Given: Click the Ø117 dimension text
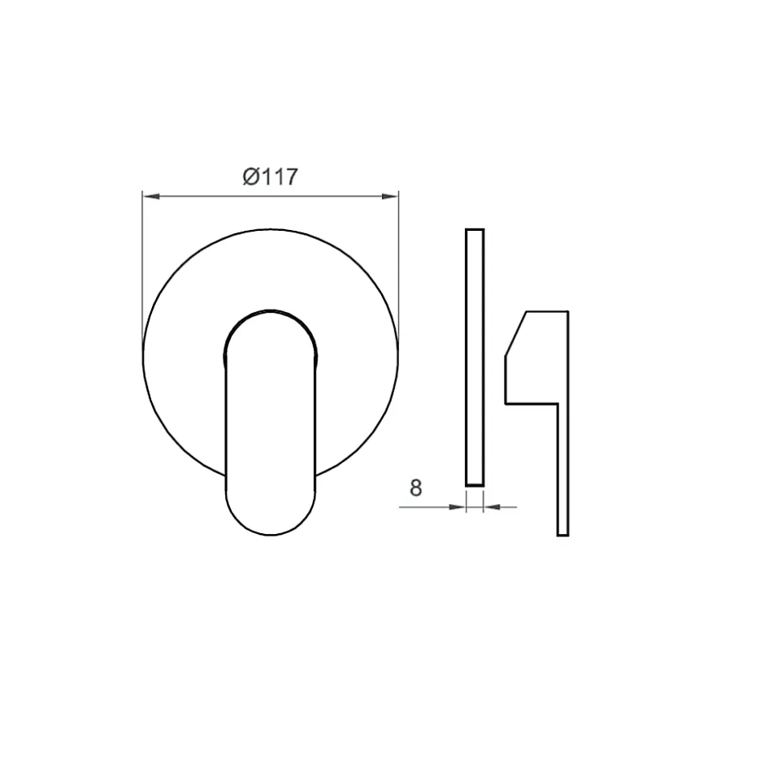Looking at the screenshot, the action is (270, 177).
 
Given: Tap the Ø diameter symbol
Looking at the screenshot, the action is (251, 177).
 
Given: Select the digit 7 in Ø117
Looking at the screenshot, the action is (291, 177).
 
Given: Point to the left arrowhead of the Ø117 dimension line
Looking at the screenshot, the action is (151, 197).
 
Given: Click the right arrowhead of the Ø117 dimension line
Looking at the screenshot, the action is (390, 197).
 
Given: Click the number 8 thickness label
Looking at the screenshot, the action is (415, 488).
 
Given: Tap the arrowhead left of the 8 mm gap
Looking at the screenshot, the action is (457, 507).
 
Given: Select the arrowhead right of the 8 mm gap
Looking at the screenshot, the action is (492, 507).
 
